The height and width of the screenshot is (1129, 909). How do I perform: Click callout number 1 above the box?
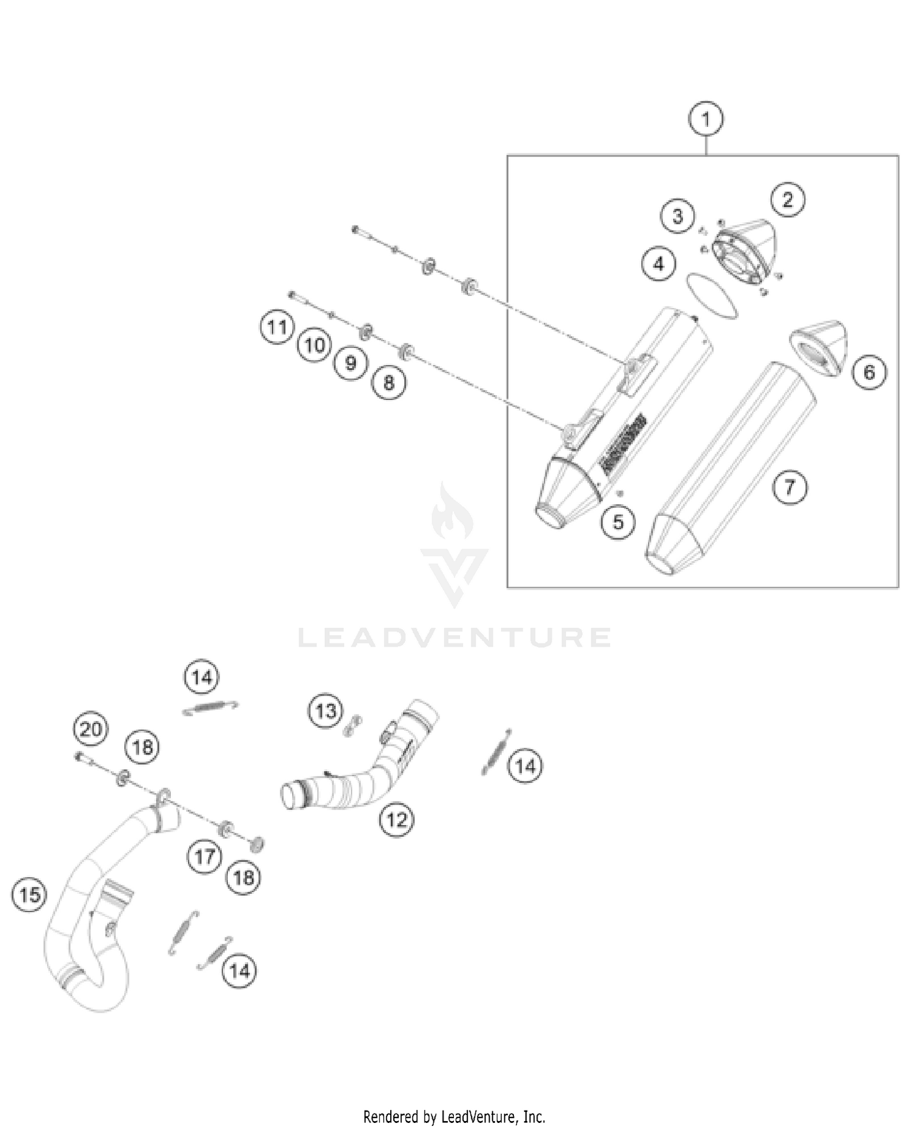705,119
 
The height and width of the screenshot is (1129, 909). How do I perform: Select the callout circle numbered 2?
787,199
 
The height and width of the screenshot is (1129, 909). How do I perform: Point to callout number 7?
790,487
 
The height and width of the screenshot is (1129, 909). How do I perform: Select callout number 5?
618,522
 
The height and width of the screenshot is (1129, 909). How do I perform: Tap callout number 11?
277,327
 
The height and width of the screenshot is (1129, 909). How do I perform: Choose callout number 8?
388,382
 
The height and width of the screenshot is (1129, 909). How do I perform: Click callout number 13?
325,710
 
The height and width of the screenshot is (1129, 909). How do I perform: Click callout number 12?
396,820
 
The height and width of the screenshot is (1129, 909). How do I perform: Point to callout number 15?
29,894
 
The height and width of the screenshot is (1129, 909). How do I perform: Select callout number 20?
90,728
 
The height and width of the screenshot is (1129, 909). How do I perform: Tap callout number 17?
205,856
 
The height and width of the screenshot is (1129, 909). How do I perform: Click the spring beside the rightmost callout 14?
496,751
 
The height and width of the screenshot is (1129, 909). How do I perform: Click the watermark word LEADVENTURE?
454,638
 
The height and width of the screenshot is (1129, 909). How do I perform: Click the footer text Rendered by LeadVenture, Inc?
454,1116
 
